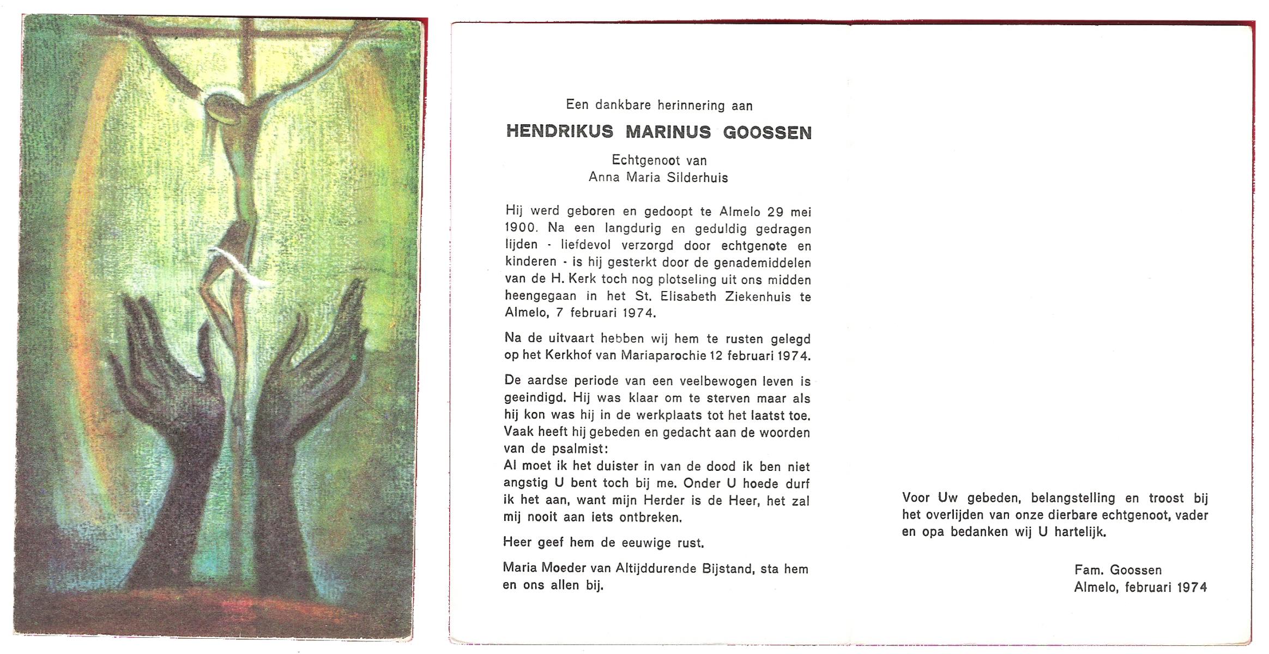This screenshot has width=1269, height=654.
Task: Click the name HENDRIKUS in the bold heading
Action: pos(559,132)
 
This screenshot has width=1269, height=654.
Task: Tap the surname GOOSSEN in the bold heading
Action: pos(767,132)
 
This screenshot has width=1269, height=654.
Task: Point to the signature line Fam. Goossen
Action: pos(1117,570)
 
